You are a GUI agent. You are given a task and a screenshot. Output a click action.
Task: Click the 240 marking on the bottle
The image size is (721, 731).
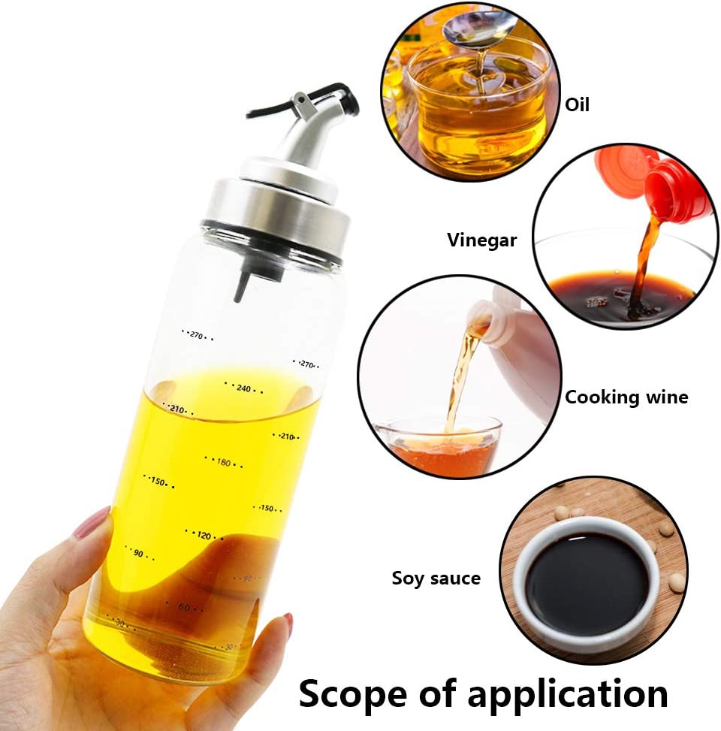(x=244, y=388)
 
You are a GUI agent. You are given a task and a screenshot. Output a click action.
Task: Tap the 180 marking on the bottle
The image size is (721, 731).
(x=224, y=462)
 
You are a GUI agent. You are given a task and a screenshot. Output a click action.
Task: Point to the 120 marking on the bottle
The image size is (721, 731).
(x=204, y=535)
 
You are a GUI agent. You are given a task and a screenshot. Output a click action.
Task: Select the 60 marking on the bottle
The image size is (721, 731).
(x=185, y=608)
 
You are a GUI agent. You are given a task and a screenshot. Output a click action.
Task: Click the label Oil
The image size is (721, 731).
(x=577, y=104)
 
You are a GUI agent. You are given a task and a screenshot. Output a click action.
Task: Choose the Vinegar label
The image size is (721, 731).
(x=482, y=240)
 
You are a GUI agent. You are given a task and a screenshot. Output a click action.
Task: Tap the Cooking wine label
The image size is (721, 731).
(x=626, y=397)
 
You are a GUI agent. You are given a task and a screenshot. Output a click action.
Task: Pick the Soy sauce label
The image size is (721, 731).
(x=436, y=578)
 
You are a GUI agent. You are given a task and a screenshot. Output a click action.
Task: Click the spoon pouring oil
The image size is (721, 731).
(x=478, y=28)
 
